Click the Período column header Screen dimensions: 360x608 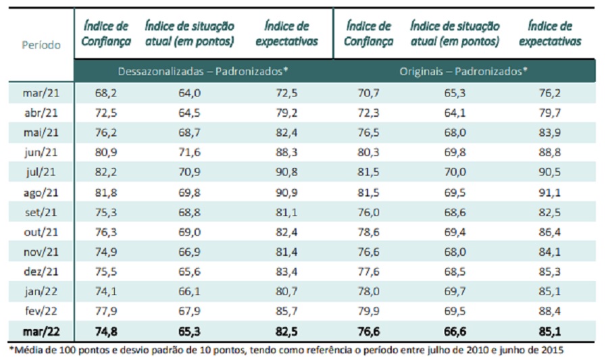pos(41,45)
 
